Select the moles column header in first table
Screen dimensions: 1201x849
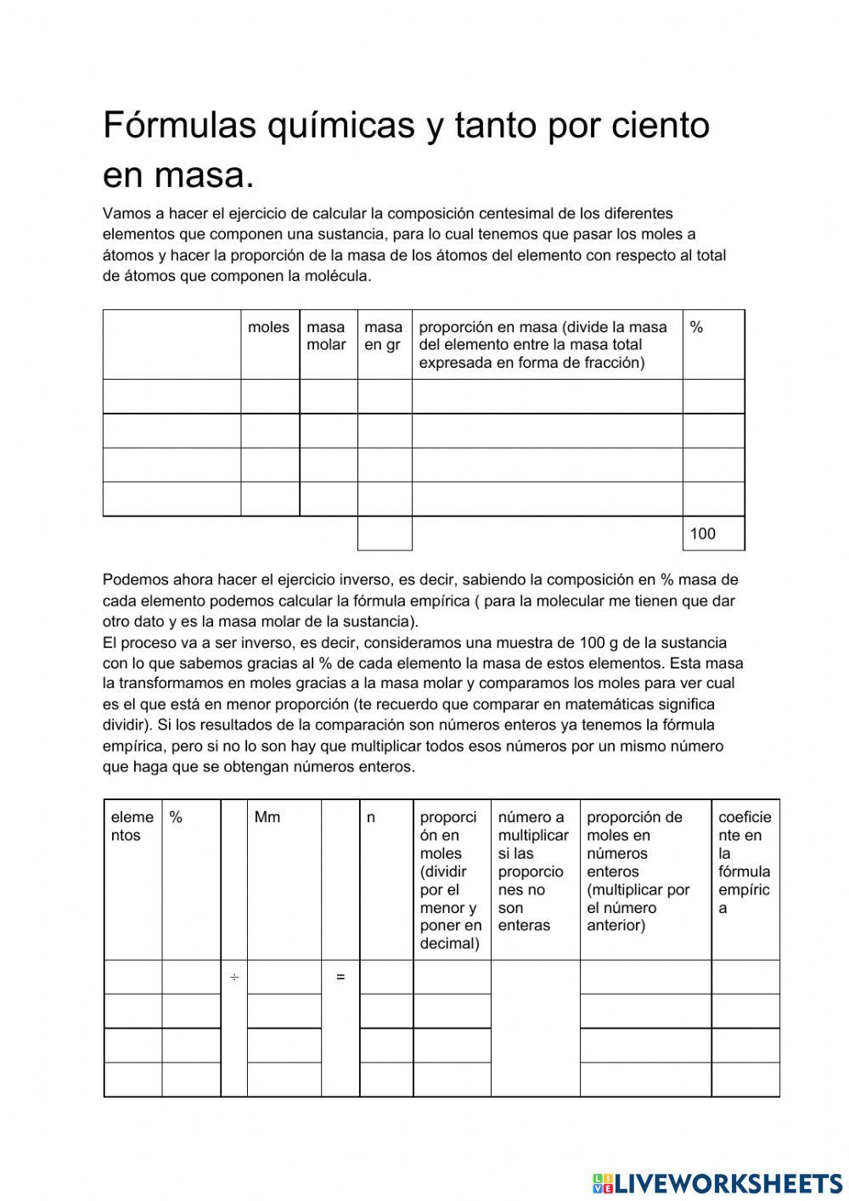point(268,327)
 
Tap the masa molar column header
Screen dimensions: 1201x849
point(326,335)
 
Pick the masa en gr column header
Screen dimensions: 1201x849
point(383,335)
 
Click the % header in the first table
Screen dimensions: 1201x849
point(696,327)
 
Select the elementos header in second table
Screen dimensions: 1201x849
point(132,826)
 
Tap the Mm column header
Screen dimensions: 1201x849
point(267,817)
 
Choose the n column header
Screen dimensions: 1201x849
point(371,817)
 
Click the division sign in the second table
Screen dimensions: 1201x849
point(233,978)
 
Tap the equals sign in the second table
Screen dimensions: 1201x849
point(340,978)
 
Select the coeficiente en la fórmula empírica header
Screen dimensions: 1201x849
point(745,862)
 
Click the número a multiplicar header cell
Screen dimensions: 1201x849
point(533,871)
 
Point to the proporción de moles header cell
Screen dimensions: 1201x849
point(638,871)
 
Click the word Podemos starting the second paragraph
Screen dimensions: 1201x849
point(132,580)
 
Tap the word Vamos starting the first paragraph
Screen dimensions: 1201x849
point(124,213)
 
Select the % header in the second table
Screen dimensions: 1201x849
point(176,817)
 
